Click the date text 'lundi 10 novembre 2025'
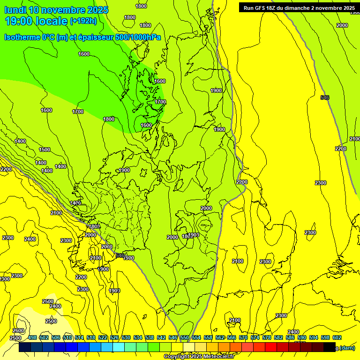tap(56, 10)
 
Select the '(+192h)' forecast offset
tap(83, 21)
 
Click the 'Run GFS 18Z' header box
tap(299, 7)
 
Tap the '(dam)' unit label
tap(347, 348)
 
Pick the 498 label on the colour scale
tap(32, 337)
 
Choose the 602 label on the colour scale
tap(337, 337)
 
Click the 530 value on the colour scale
tap(126, 337)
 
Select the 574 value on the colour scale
tap(255, 337)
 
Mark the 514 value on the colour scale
tap(79, 337)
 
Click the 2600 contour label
tap(18, 330)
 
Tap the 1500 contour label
tap(45, 150)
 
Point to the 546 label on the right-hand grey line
tap(324, 97)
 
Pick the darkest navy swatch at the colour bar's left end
tap(25, 348)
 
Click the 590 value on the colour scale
tap(302, 337)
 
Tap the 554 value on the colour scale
tap(196, 337)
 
